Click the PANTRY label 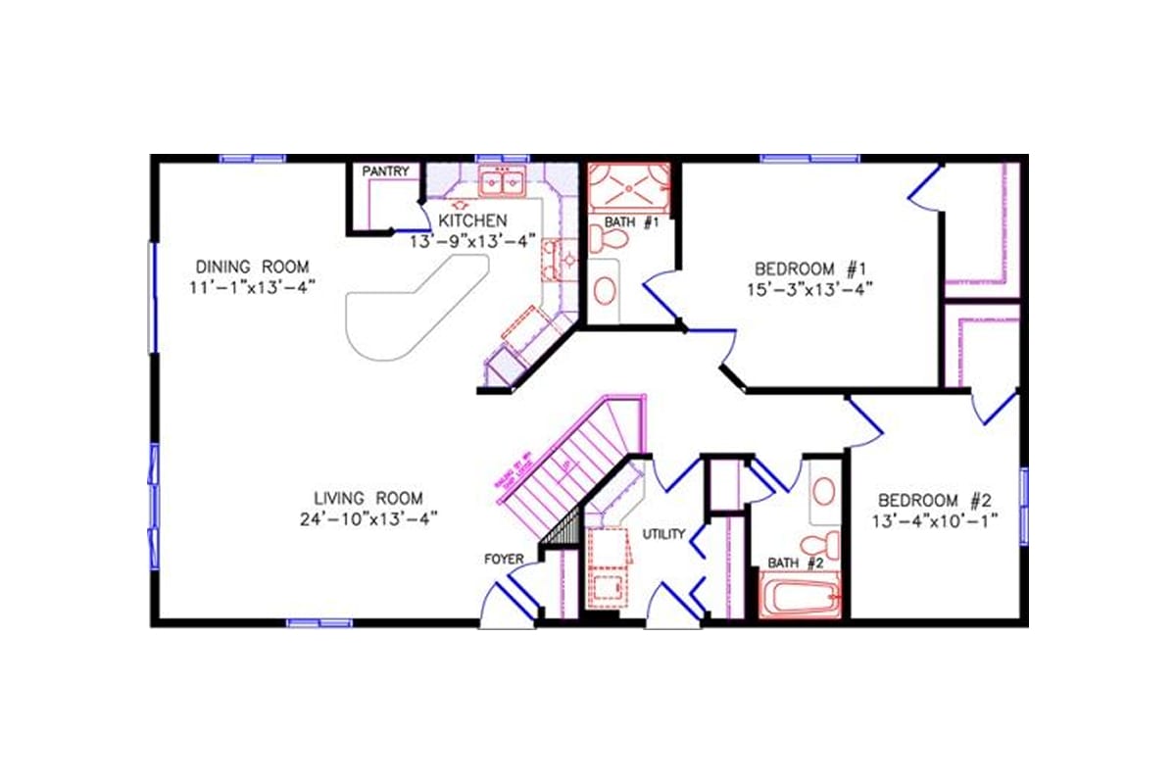pos(385,171)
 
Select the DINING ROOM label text pos(252,267)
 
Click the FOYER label pos(504,560)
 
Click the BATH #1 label pos(629,222)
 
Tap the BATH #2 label pos(795,563)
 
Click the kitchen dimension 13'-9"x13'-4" pos(472,241)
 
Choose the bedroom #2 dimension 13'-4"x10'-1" pos(936,519)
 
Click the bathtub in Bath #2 pos(801,595)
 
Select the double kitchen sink pos(502,181)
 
